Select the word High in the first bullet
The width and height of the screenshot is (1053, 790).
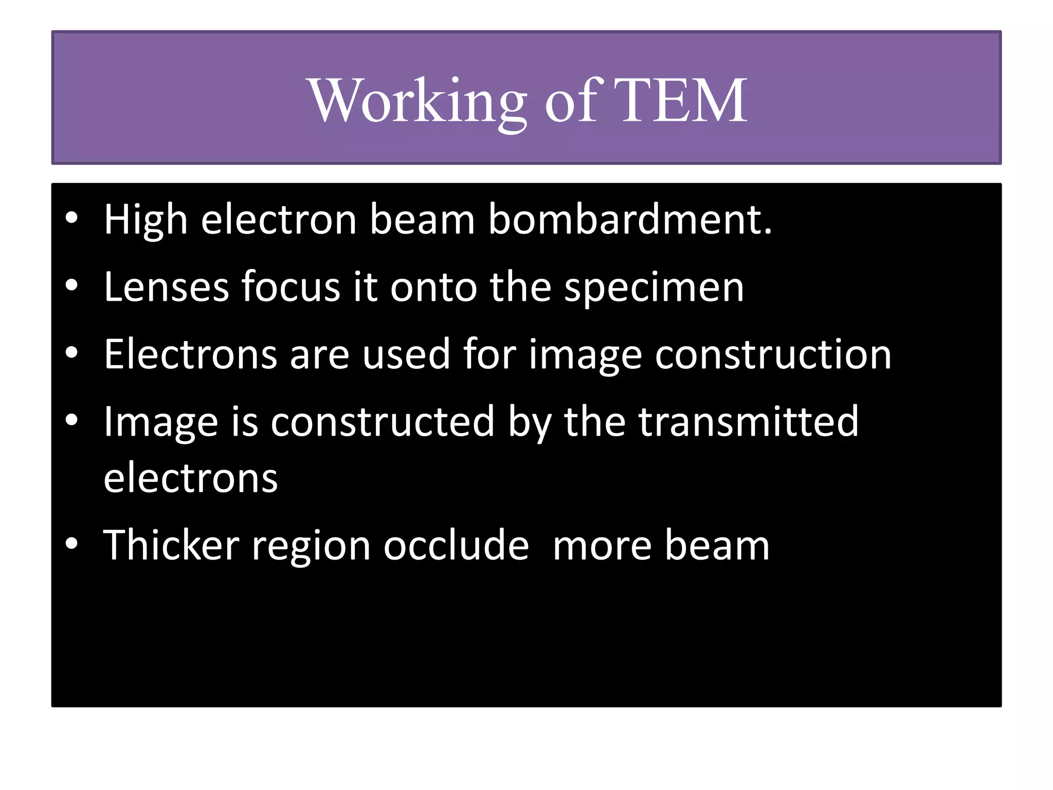146,220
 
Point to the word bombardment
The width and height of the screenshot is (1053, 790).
629,220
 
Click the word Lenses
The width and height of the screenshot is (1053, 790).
166,287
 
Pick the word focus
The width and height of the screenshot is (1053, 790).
291,287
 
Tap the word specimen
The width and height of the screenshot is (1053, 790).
654,287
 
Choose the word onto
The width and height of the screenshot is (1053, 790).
433,287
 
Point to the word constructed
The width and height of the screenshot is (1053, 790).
383,422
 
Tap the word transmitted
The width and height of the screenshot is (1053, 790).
749,422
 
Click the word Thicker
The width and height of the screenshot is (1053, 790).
171,545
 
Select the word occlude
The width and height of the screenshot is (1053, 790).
456,545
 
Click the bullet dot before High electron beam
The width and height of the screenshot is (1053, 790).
71,218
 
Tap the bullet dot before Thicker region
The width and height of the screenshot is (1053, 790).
71,543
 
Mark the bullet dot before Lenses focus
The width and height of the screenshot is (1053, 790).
71,285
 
